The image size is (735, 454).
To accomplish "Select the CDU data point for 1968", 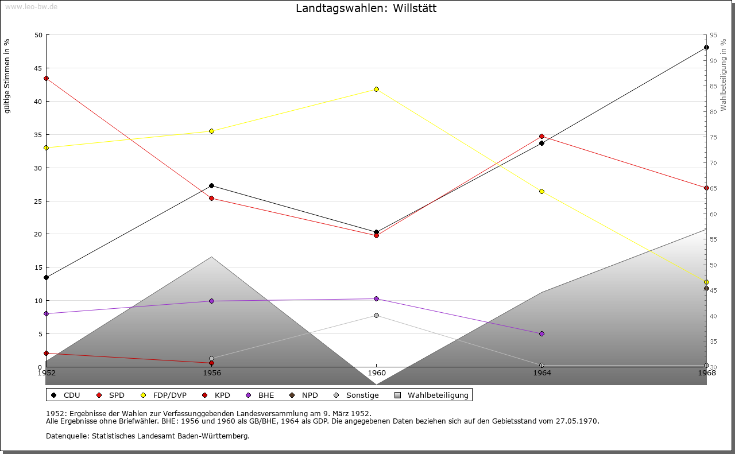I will [x=706, y=48].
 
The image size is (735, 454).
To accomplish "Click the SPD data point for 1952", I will [x=46, y=78].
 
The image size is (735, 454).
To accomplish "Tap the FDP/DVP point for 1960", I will [x=376, y=89].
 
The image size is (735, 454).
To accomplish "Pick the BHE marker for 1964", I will [x=541, y=333].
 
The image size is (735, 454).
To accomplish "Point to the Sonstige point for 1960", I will [x=376, y=315].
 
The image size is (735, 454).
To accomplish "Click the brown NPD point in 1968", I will [x=706, y=288].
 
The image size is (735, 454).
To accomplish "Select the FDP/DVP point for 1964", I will [x=541, y=191].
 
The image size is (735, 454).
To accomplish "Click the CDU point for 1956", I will [x=211, y=185].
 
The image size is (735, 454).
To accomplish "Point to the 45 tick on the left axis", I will [x=38, y=68].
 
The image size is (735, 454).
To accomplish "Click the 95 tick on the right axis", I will [x=713, y=35].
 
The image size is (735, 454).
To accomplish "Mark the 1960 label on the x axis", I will [x=376, y=372].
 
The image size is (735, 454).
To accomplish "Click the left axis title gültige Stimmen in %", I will [x=7, y=76].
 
